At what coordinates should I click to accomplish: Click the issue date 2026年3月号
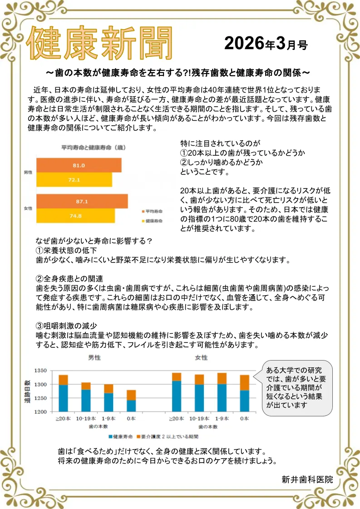point(266,44)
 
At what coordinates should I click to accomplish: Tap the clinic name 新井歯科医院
point(307,479)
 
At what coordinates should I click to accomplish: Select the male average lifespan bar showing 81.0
point(79,165)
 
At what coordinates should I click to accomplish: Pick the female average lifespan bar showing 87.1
point(82,201)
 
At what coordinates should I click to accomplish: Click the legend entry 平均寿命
point(151,212)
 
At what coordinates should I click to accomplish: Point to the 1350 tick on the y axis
point(40,371)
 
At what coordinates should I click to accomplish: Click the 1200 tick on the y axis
point(40,412)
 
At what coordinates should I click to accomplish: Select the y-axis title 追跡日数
point(28,391)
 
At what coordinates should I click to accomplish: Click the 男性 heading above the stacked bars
point(94,358)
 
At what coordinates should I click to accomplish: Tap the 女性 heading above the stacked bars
point(201,358)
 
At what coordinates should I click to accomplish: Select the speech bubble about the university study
point(297,388)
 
